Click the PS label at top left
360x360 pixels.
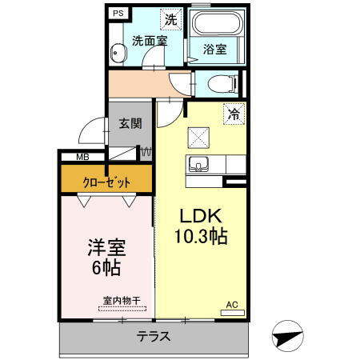tap(118, 14)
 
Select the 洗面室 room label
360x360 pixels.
tap(150, 41)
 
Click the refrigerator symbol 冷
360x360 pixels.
tap(234, 114)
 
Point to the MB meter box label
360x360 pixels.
tap(82, 157)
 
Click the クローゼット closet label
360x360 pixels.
tap(106, 182)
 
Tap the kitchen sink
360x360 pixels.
tap(198, 166)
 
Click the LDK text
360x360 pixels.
tap(199, 217)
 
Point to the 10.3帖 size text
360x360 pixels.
tap(200, 236)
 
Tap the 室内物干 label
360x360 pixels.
tap(121, 301)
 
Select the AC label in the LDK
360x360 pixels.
tap(232, 305)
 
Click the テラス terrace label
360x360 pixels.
tap(153, 336)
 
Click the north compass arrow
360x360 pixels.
tap(289, 337)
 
